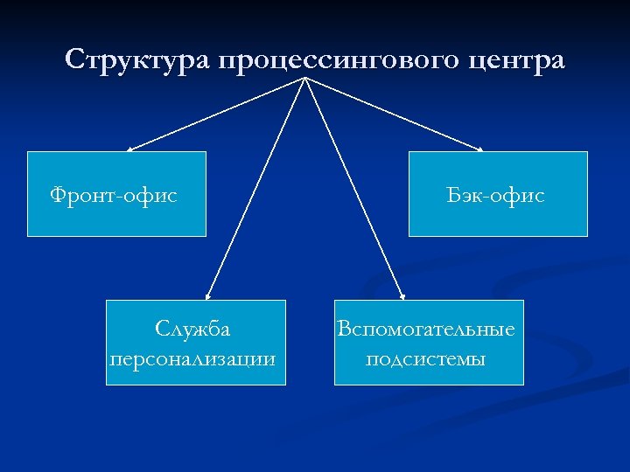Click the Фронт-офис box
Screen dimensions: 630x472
pos(116,193)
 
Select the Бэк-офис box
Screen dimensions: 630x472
pos(498,193)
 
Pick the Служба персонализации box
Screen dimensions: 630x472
pos(195,342)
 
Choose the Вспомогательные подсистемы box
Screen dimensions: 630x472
pos(429,342)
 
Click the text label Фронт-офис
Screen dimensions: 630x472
pos(114,196)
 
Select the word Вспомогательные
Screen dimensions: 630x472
pos(427,330)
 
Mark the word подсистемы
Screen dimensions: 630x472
pos(426,358)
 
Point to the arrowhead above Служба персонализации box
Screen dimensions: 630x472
pos(207,297)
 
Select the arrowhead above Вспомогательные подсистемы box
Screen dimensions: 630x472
pos(402,297)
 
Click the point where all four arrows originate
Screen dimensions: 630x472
pos(304,80)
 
